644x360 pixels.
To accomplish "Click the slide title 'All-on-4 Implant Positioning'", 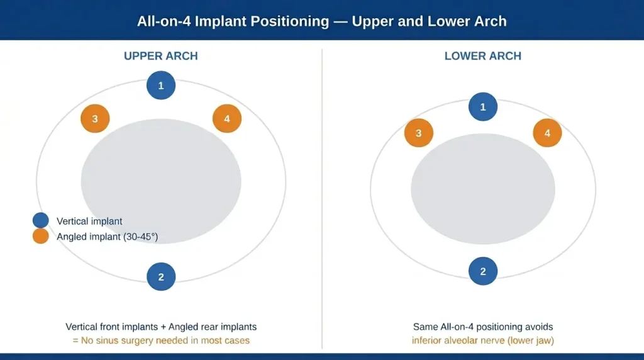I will (233, 21).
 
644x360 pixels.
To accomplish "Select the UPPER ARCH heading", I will (161, 56).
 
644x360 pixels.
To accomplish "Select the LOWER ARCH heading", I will (482, 56).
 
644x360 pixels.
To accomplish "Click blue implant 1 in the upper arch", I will (161, 86).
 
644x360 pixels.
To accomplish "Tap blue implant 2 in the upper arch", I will (161, 277).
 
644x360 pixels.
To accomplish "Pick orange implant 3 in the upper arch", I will (95, 118).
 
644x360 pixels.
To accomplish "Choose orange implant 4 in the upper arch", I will (227, 118).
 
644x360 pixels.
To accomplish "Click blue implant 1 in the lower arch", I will (483, 107).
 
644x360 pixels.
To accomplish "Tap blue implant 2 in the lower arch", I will (483, 271).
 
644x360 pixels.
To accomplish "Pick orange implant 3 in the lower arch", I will (418, 133).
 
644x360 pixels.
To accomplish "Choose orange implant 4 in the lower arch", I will (547, 133).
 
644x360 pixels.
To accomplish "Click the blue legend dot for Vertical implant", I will (41, 221).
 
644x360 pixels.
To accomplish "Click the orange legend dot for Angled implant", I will (41, 237).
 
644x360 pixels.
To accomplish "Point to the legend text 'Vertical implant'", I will (89, 221).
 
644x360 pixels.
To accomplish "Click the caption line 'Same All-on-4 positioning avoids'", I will (482, 327).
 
